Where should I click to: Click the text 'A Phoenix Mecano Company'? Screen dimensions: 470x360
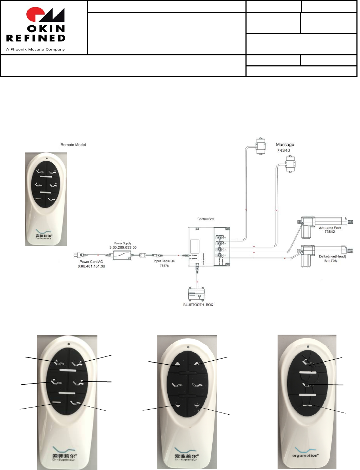(x=35, y=49)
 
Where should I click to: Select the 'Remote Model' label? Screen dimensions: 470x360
(x=73, y=145)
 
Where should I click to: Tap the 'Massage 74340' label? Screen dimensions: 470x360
(x=285, y=147)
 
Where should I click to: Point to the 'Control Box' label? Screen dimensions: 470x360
(x=206, y=219)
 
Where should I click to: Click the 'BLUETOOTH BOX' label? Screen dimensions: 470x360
(x=198, y=305)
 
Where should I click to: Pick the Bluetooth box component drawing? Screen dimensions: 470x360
(x=198, y=294)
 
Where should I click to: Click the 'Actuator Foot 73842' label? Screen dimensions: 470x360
(x=330, y=230)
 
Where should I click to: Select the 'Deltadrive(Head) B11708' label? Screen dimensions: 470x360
(x=333, y=259)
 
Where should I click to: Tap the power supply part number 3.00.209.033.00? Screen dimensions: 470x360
(x=123, y=247)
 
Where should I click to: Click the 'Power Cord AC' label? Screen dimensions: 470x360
(x=91, y=262)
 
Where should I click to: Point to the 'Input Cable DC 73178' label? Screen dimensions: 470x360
(x=164, y=263)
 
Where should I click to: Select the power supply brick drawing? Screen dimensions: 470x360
(x=122, y=255)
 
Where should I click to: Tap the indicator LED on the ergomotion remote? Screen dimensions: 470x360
(x=308, y=346)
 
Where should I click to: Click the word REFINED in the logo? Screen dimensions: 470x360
(x=36, y=37)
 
